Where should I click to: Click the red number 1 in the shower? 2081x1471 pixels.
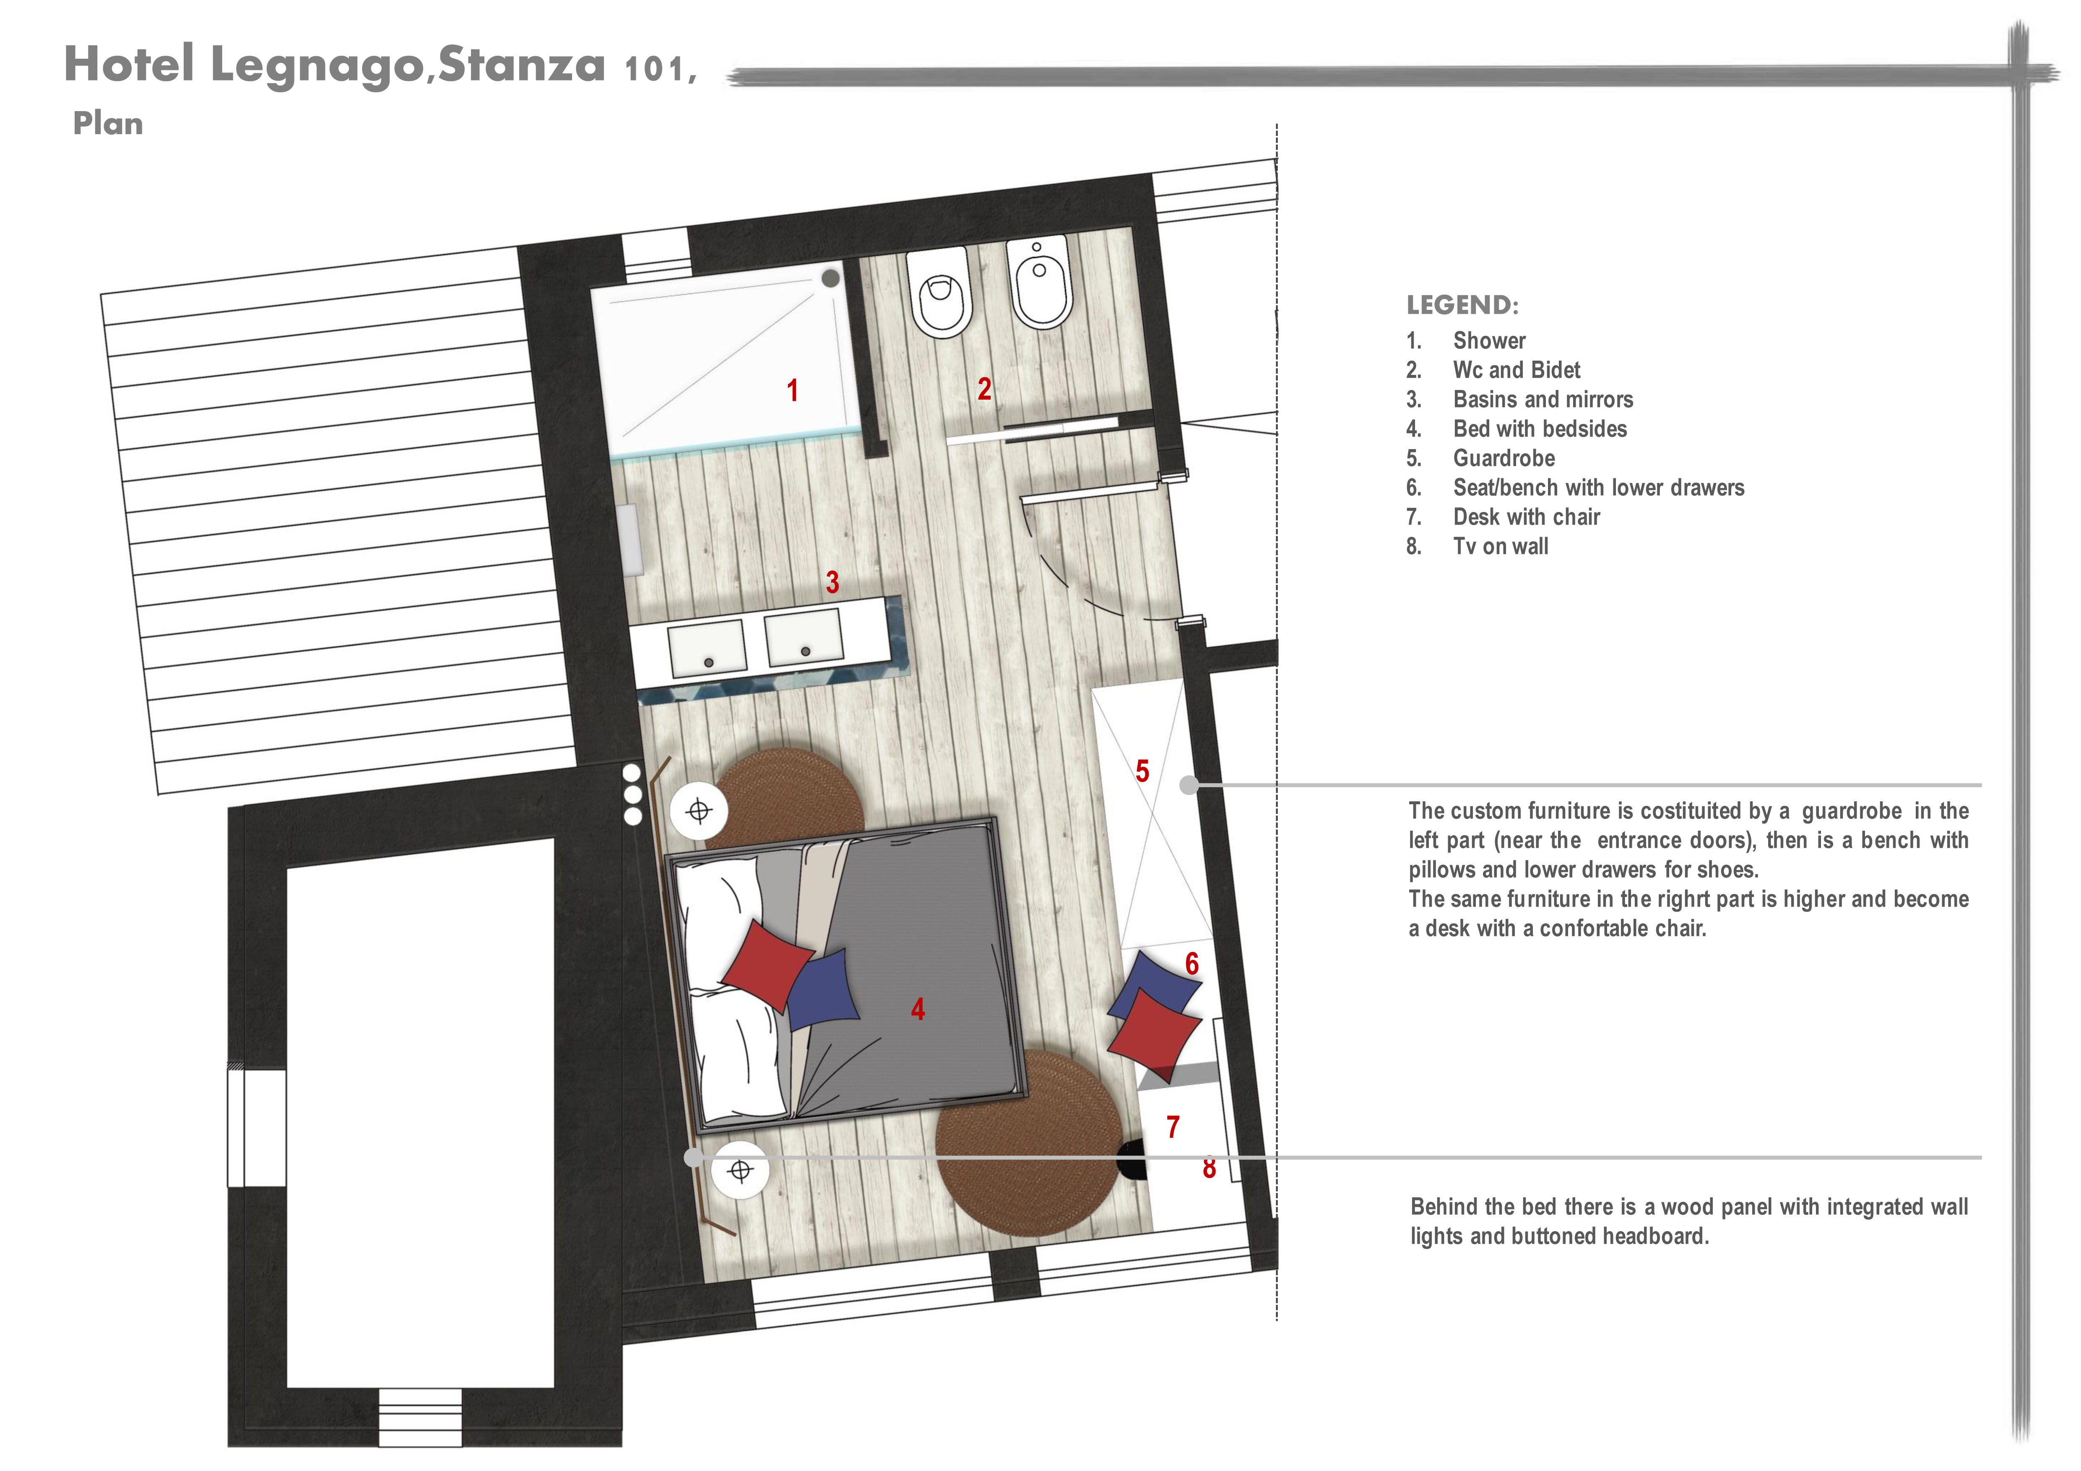click(x=792, y=391)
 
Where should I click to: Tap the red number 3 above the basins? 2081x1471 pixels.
click(x=832, y=582)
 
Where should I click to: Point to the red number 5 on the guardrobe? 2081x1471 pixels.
click(x=1142, y=771)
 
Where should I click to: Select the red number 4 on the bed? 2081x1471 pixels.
click(x=918, y=1009)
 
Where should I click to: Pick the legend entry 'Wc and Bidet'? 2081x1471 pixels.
click(x=1517, y=370)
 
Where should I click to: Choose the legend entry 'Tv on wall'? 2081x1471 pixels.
click(x=1501, y=546)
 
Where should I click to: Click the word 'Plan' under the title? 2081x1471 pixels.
click(x=108, y=123)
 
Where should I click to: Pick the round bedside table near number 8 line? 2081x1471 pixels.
click(x=741, y=1171)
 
